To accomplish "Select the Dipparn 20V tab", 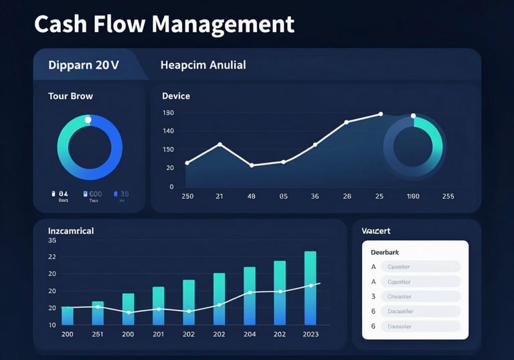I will pyautogui.click(x=84, y=65).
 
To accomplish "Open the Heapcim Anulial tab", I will pyautogui.click(x=203, y=65).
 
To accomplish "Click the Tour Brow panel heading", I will pyautogui.click(x=70, y=96).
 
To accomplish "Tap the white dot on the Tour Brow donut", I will pyautogui.click(x=88, y=119).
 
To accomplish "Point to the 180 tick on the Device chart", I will pyautogui.click(x=168, y=112).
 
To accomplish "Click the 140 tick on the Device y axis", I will pyautogui.click(x=168, y=131).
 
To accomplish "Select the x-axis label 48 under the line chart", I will pyautogui.click(x=252, y=197).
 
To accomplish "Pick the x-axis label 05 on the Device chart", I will pyautogui.click(x=284, y=197).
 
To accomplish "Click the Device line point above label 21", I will pyautogui.click(x=220, y=145).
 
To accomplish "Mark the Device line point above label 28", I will pyautogui.click(x=347, y=122).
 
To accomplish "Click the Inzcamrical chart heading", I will pyautogui.click(x=71, y=231).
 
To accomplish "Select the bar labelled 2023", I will pyautogui.click(x=311, y=288).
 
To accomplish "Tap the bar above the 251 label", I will pyautogui.click(x=98, y=312).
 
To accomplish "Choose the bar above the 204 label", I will pyautogui.click(x=250, y=296).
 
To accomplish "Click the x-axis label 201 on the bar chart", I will pyautogui.click(x=159, y=334).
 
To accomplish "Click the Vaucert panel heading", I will pyautogui.click(x=376, y=231).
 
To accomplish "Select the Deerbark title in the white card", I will pyautogui.click(x=385, y=252).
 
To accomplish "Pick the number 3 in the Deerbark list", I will pyautogui.click(x=373, y=296).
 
